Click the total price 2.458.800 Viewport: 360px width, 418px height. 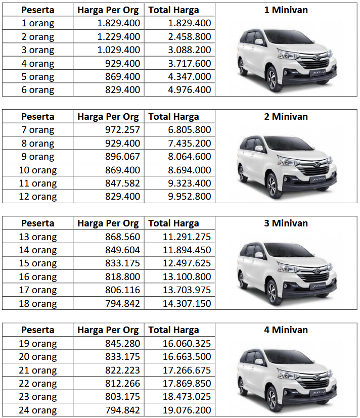coord(189,36)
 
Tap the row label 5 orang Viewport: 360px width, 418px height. coord(37,77)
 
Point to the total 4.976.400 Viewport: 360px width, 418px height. coord(189,90)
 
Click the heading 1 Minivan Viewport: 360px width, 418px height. coord(286,10)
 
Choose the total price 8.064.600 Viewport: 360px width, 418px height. coord(189,157)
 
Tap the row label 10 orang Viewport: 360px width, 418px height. coord(37,170)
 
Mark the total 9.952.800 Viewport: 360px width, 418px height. coord(189,197)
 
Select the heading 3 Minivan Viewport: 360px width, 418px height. coord(286,223)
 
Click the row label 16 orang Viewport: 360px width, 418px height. coord(37,277)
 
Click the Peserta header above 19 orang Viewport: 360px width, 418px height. coord(37,330)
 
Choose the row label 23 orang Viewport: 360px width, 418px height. coord(37,397)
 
